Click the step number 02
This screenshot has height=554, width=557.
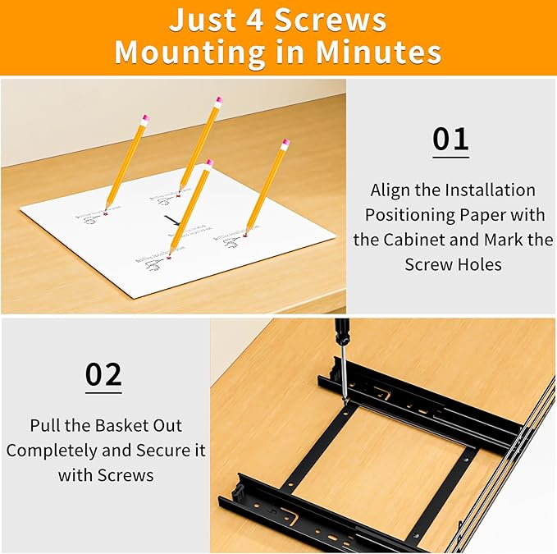click(x=103, y=374)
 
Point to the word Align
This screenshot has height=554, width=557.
click(x=393, y=190)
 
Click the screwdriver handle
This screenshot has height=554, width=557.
click(x=341, y=332)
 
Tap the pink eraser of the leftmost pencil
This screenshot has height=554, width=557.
click(x=144, y=119)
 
